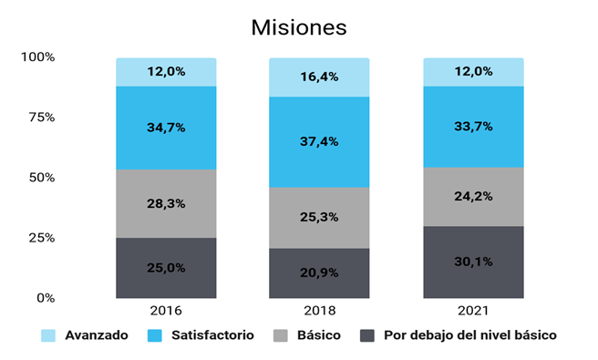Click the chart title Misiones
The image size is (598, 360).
(299, 27)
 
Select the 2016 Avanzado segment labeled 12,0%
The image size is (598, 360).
(166, 72)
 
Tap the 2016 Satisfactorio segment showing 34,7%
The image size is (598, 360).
(166, 128)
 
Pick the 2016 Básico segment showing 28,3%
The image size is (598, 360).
(166, 203)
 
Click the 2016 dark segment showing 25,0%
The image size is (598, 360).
(166, 268)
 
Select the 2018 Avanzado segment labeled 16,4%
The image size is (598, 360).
(319, 77)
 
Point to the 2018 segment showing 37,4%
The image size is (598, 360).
(319, 142)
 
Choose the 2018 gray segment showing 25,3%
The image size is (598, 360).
(319, 218)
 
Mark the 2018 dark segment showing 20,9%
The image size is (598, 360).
(319, 273)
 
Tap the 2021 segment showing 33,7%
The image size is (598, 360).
(473, 127)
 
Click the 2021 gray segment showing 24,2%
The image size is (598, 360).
(473, 197)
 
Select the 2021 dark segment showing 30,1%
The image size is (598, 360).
(473, 262)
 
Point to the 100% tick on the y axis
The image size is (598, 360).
(37, 57)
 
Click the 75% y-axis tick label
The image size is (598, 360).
(42, 117)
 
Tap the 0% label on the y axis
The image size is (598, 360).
(46, 298)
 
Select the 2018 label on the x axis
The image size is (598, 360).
(320, 311)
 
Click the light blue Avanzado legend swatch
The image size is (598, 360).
(48, 335)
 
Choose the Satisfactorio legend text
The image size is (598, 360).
(212, 335)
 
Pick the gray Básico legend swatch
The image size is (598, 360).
(281, 335)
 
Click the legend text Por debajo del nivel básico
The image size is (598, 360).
(470, 335)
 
